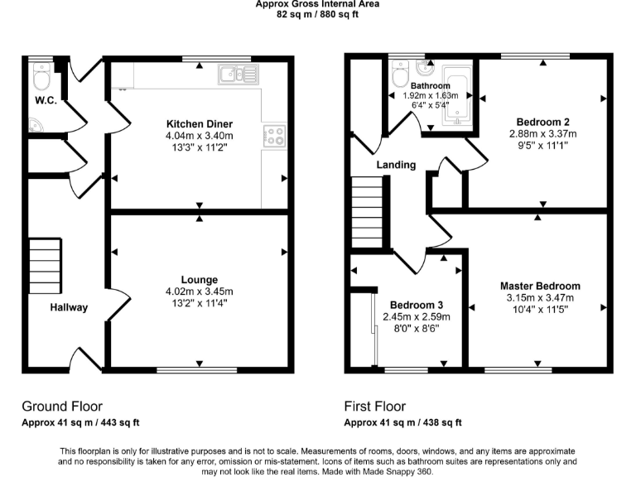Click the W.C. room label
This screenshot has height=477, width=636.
tap(44, 102)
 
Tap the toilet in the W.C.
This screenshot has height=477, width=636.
tap(40, 79)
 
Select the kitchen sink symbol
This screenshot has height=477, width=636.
tap(238, 75)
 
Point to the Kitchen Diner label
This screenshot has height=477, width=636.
tap(199, 124)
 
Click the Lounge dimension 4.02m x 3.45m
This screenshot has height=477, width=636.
tap(200, 291)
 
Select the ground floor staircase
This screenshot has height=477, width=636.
tap(46, 265)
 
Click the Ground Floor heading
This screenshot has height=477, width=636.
tap(62, 407)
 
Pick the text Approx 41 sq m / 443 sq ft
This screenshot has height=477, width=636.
tap(80, 423)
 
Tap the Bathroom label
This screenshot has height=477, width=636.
tap(430, 86)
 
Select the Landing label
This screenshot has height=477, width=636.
tap(396, 165)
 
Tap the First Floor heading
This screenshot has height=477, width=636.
tap(375, 407)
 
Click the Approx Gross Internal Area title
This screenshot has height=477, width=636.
tap(317, 4)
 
